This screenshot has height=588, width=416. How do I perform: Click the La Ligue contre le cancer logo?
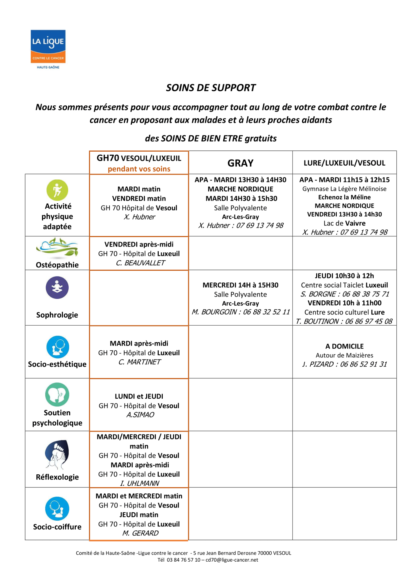48,49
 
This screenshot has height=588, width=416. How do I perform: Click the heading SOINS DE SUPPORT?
210,88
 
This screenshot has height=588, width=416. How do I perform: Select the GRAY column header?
240,163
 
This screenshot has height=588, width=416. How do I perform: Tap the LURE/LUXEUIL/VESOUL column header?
344,163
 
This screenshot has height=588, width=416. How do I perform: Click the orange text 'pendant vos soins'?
139,169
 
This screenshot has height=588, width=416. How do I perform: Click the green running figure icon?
57,190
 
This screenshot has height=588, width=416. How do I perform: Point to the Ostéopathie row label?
57,265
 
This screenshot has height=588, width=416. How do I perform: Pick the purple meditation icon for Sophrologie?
57,288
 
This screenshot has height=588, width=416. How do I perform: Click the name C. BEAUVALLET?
140,263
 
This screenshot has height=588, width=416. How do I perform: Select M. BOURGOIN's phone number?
266,312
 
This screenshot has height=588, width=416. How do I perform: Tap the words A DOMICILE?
344,346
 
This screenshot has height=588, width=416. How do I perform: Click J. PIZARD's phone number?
363,364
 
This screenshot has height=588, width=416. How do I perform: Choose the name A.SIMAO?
140,415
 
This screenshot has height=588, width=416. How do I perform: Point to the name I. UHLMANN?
140,483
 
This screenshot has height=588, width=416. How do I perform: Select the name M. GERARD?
140,533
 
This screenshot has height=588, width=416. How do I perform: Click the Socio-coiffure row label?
57,526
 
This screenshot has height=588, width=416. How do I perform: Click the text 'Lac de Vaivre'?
344,223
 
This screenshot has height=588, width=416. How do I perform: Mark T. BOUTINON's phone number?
369,321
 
